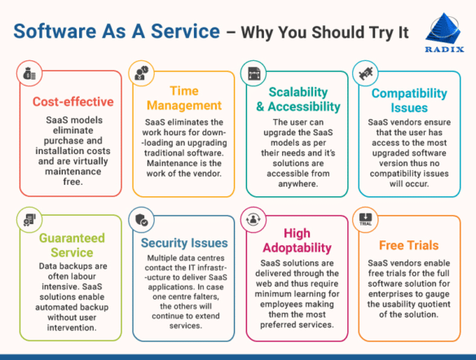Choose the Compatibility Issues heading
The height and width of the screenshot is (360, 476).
point(409,99)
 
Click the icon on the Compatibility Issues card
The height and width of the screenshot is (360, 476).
point(367,73)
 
